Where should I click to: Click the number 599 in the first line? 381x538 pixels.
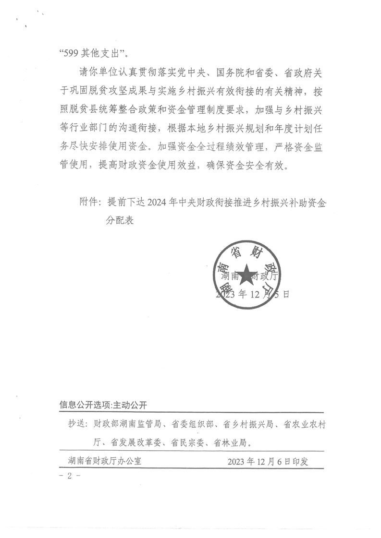[71, 53]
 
